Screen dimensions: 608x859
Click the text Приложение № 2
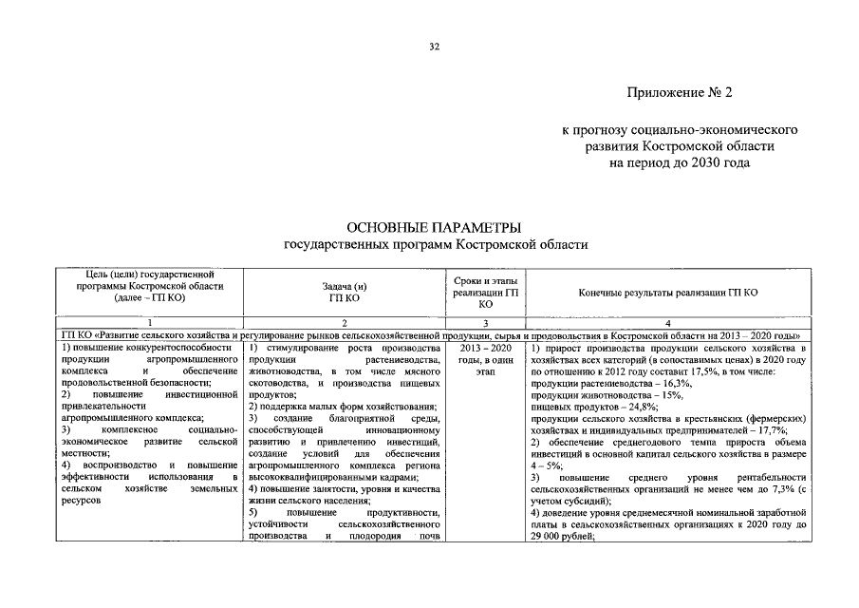pos(680,93)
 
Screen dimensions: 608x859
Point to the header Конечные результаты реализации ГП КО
pos(667,293)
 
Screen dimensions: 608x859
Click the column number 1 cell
pos(150,323)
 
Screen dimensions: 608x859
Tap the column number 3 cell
pos(485,323)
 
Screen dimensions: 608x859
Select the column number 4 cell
pos(667,323)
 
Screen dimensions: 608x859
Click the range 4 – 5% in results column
pos(547,465)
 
